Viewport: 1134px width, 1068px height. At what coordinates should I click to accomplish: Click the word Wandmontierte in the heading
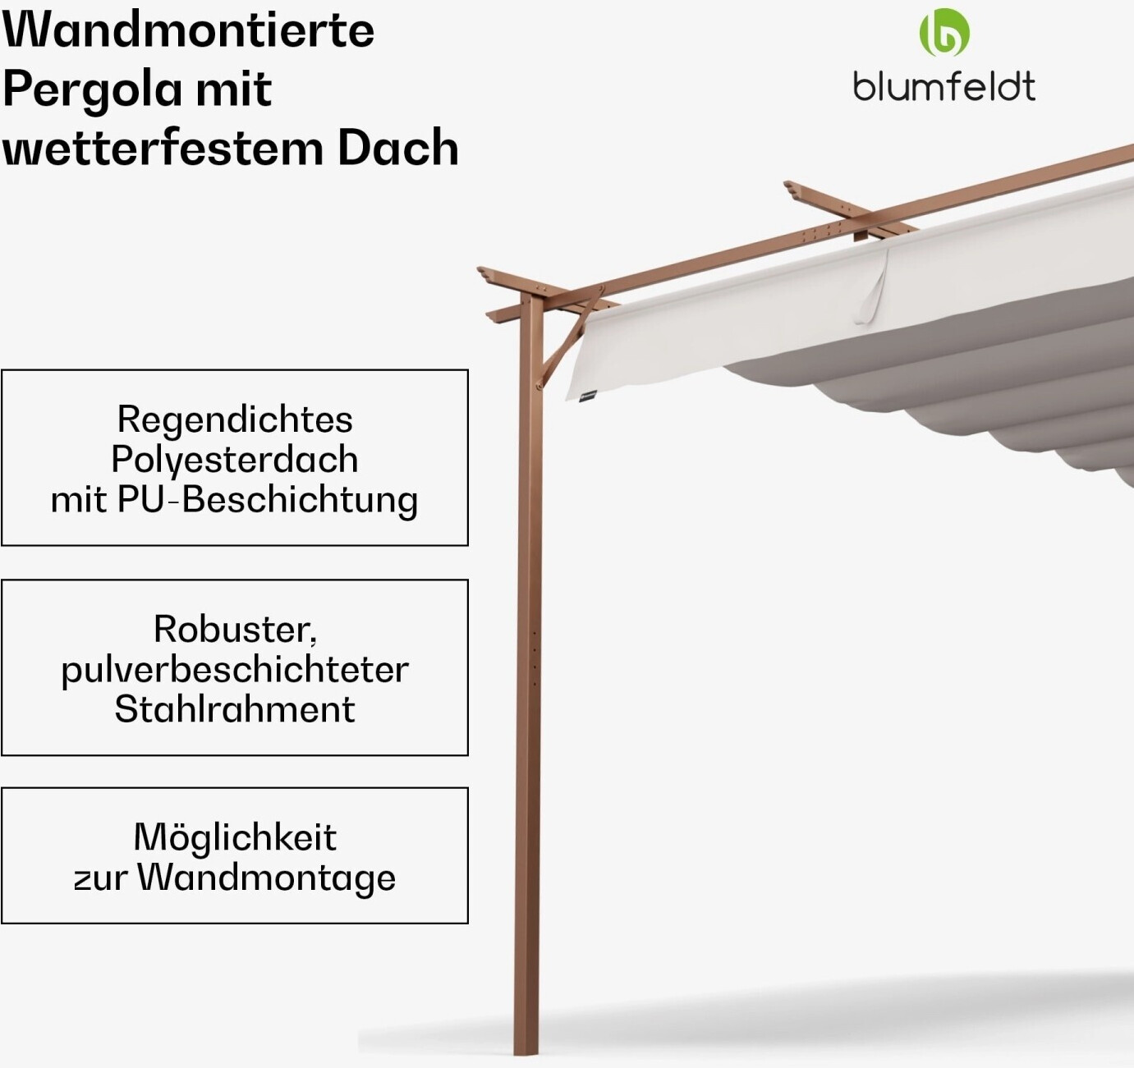pyautogui.click(x=188, y=30)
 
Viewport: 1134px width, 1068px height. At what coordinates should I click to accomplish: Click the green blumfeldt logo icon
pyautogui.click(x=943, y=33)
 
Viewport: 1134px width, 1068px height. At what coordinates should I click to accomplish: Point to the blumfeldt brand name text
pyautogui.click(x=943, y=86)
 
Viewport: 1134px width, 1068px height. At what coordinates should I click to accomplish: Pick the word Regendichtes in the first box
pyautogui.click(x=235, y=419)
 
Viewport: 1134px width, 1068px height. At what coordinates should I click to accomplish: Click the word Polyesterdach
pyautogui.click(x=235, y=460)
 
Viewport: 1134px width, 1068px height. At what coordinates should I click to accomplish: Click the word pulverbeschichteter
pyautogui.click(x=235, y=670)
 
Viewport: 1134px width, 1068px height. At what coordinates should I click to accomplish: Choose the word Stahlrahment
pyautogui.click(x=235, y=709)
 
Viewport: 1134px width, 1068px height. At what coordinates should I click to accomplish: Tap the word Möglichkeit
pyautogui.click(x=235, y=837)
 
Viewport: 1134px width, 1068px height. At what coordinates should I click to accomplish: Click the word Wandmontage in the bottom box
pyautogui.click(x=266, y=878)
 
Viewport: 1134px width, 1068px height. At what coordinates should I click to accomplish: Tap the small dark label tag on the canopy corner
pyautogui.click(x=587, y=398)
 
